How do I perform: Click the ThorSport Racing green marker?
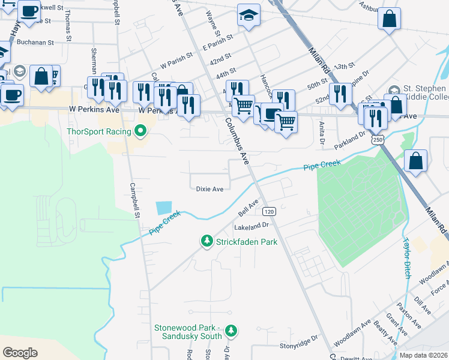click(141, 130)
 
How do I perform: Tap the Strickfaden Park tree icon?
click(206, 241)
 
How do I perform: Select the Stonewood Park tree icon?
click(232, 331)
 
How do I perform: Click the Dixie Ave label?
click(209, 189)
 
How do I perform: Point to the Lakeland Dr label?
click(254, 226)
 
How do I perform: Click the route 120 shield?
click(269, 211)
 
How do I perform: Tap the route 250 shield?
click(377, 140)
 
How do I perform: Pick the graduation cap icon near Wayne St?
click(249, 15)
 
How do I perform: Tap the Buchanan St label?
click(35, 43)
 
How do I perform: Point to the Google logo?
click(20, 353)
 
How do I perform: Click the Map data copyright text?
click(423, 355)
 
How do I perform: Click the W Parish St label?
click(175, 61)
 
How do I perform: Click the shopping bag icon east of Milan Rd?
click(415, 161)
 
